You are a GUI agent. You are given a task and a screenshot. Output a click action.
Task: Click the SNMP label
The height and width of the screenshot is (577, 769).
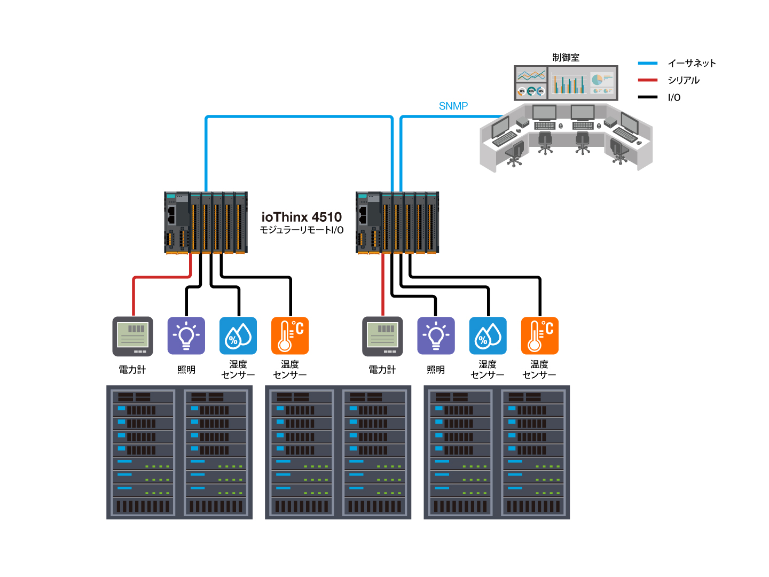pos(453,106)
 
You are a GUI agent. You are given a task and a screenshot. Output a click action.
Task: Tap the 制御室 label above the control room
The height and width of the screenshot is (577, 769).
pos(566,58)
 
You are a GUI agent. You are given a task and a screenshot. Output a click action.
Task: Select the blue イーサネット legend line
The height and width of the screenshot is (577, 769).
pos(647,64)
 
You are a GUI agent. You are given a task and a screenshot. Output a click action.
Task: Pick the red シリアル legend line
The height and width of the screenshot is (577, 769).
pos(647,80)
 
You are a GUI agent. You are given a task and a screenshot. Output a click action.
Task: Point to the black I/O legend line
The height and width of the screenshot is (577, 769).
pos(647,97)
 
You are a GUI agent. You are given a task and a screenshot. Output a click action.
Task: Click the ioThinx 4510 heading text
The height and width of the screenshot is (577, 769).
pos(301,217)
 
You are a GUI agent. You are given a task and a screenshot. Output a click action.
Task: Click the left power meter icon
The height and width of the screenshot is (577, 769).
pos(133,337)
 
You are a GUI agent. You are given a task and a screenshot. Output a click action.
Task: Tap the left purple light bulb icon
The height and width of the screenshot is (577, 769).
pos(186,336)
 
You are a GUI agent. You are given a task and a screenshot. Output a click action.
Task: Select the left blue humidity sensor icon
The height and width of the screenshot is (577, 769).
pos(238,336)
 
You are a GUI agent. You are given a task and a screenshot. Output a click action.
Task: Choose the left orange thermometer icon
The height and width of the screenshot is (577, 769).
pos(290,336)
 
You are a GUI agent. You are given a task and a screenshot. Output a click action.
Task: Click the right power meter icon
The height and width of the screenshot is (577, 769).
pos(382,337)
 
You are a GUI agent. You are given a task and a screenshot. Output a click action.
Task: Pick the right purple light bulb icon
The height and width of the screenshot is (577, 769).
pos(436,336)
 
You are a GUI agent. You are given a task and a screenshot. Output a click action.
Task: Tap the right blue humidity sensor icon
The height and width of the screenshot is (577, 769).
pos(488,336)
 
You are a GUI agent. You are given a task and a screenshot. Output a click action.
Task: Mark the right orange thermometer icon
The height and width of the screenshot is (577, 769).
pos(539,336)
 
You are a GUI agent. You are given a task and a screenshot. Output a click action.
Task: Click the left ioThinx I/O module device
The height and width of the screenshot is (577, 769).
pos(206,222)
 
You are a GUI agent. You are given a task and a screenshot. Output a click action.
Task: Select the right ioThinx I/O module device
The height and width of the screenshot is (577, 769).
pos(397,222)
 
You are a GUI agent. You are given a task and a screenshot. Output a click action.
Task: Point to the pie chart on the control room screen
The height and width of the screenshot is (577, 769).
pos(597,80)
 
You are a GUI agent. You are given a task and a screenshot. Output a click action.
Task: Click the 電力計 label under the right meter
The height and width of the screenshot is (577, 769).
pos(382,370)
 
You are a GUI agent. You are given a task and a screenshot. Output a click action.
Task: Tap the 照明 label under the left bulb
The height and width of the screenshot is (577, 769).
pos(186,370)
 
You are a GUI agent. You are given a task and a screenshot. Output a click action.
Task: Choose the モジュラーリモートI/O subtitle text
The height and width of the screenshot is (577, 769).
pos(301,230)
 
